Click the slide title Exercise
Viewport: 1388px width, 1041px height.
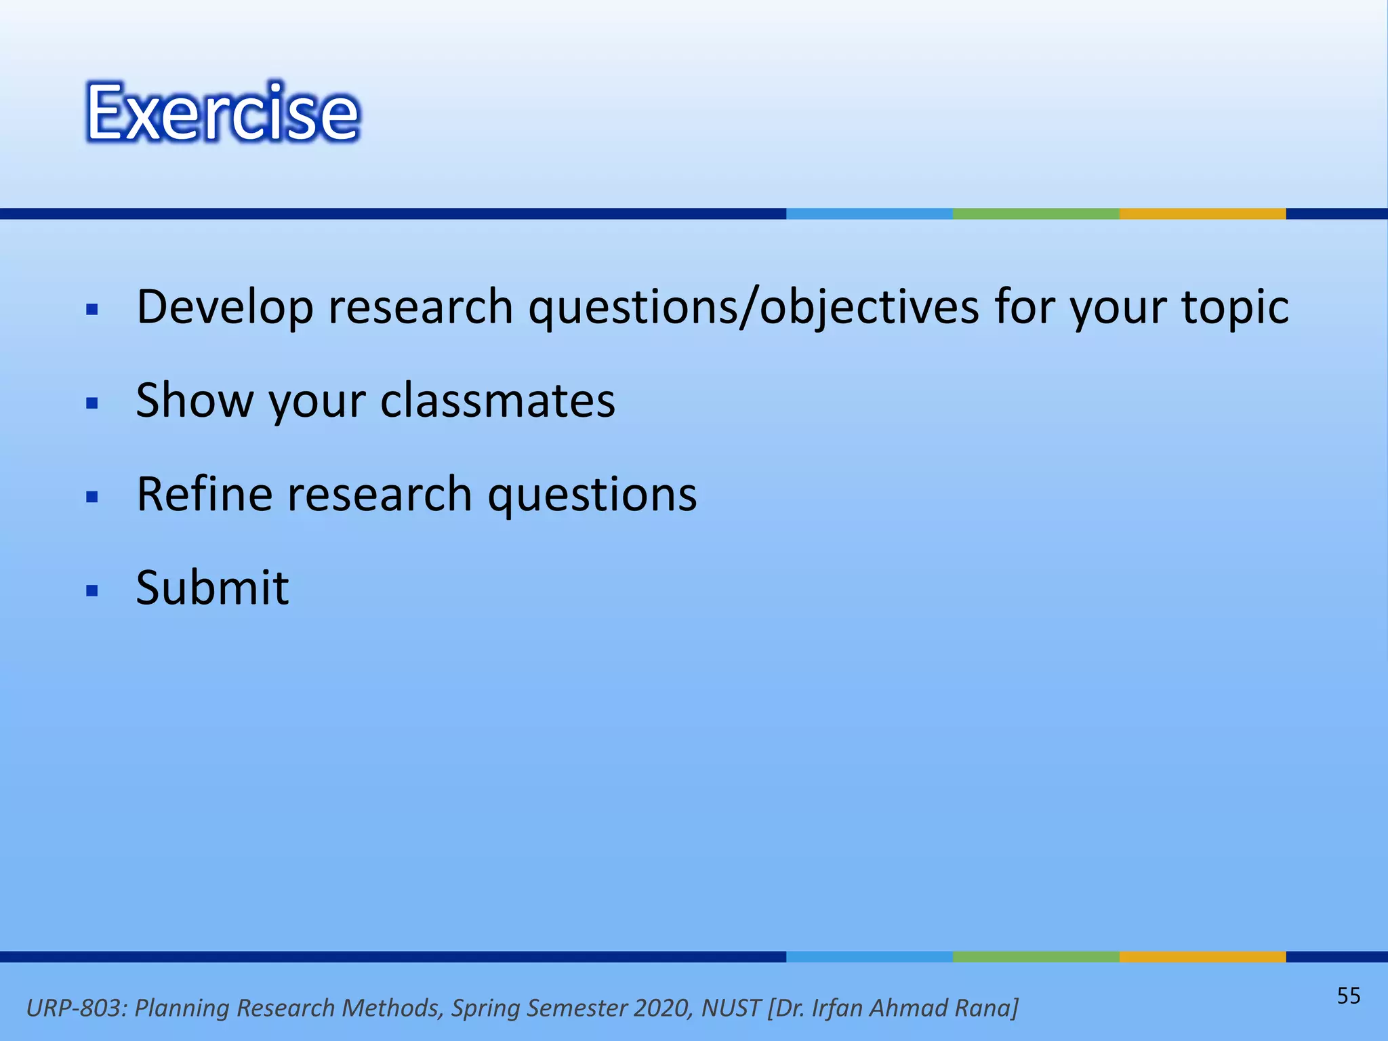(222, 113)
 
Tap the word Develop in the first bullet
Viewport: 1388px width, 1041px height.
(224, 307)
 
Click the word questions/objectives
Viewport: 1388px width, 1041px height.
(754, 307)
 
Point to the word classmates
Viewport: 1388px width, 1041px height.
(497, 401)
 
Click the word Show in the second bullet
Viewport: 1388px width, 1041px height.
(194, 401)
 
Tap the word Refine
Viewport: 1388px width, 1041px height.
(204, 494)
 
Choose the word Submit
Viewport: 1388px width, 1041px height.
(212, 588)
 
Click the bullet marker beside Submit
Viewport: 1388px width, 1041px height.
(93, 590)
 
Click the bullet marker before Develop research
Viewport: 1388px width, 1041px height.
(93, 310)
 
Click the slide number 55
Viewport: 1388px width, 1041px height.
(1348, 996)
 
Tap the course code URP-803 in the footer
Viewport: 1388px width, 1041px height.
(75, 1008)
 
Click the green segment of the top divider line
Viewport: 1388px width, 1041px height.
(1036, 213)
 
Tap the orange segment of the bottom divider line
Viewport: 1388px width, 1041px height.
(1202, 956)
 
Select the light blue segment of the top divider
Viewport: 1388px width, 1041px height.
(869, 213)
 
